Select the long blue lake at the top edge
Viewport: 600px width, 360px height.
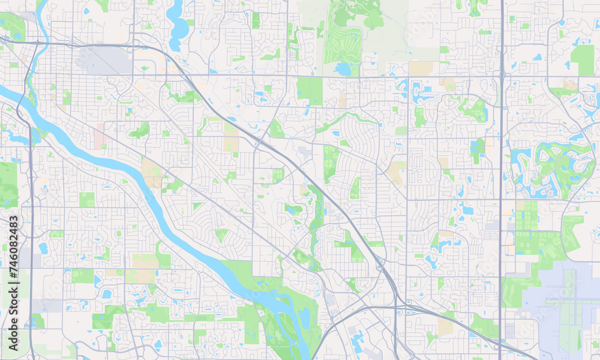(x=177, y=24)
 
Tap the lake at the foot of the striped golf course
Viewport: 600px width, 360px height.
(x=343, y=69)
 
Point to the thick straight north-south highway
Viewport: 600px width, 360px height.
(x=501, y=180)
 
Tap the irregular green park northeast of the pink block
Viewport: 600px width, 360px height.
(x=140, y=129)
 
